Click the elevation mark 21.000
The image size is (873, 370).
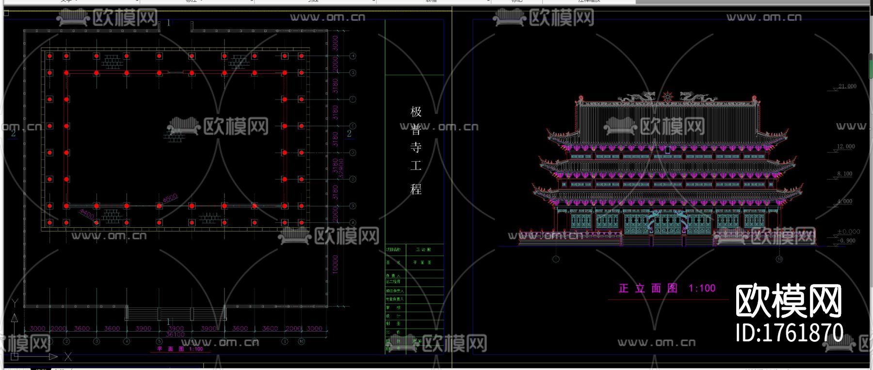point(847,86)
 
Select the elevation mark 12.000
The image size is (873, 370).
point(846,147)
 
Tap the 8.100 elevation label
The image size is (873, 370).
point(844,174)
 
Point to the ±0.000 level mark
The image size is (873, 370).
point(848,232)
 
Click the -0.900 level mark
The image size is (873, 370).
point(847,241)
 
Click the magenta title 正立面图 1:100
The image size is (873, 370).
point(667,288)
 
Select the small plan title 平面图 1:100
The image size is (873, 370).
point(180,349)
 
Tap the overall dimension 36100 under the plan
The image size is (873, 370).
point(175,335)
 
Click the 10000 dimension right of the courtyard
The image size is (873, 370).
point(335,265)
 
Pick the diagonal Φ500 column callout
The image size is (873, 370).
point(170,198)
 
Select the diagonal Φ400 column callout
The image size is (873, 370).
point(87,214)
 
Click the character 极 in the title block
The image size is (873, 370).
point(416,112)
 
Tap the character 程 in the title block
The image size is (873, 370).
point(416,189)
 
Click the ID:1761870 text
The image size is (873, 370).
point(789,333)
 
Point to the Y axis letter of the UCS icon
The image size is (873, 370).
point(15,303)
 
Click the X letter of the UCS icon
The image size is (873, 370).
point(68,357)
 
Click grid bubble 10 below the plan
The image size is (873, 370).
point(301,341)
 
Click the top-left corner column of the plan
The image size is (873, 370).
point(49,56)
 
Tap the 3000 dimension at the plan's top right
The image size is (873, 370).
point(335,43)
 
